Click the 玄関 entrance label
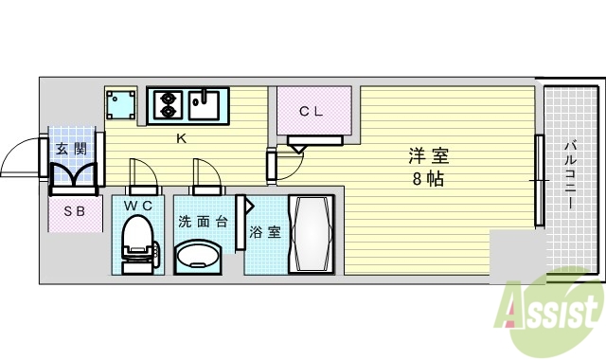pos(72,148)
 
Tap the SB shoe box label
pos(74,212)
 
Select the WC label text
pos(138,205)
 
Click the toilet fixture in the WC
pos(138,243)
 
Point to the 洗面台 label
pos(202,223)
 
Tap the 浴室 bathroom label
pos(265,231)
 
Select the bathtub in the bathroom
pos(311,234)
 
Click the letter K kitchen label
pos(180,140)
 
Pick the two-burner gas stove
pos(168,103)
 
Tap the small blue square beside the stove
pos(120,103)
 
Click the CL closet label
pos(312,111)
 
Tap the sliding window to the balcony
pos(540,180)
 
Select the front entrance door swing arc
pos(21,157)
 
